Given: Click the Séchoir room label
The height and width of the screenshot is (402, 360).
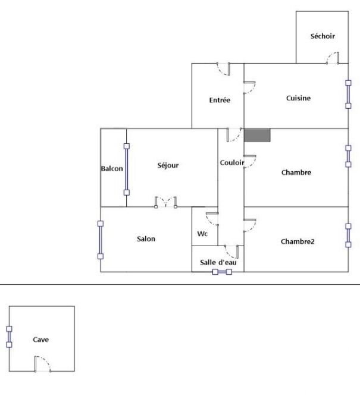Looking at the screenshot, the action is point(323,36).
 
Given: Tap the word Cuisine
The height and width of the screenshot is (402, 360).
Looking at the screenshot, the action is point(299,98).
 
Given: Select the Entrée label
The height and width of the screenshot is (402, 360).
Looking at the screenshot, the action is point(220,100).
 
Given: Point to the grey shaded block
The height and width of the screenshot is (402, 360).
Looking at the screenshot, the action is point(257,135).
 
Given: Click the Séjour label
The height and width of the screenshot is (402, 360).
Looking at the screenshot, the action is point(168,165).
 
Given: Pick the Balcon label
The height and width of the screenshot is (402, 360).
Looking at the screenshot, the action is point(112,168).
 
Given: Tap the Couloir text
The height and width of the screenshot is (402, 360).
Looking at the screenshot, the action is point(232,162).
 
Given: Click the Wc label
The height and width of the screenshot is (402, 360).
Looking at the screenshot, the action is point(202,234).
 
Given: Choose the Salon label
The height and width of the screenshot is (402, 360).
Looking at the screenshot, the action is point(146,239).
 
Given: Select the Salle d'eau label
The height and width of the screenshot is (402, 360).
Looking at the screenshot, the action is point(218,262).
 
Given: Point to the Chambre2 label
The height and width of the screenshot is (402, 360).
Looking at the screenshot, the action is point(298,241).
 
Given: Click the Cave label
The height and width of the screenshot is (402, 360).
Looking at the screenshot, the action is point(41,340).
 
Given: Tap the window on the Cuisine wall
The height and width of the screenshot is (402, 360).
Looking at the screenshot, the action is point(348,95).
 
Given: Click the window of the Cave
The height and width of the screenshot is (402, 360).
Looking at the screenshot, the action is point(9,337).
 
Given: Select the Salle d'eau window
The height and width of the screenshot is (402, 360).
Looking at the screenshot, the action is point(222,272).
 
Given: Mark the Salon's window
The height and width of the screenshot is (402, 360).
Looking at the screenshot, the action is point(101,240).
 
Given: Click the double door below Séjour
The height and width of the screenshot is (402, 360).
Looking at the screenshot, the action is point(166,202).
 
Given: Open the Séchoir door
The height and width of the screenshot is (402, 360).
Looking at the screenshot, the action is point(333,58).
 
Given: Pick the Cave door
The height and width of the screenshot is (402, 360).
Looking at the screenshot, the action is point(43,364).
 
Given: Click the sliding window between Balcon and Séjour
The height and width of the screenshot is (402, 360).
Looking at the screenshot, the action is point(127,169).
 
